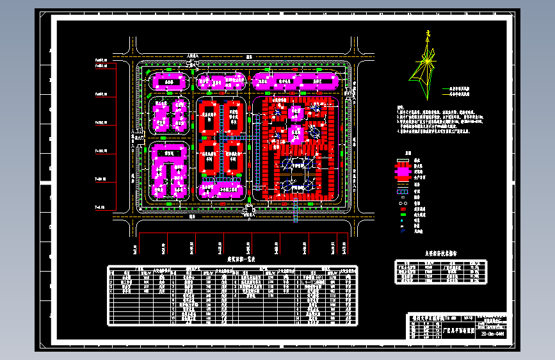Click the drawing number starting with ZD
(492, 334)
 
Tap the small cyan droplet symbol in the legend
(403, 221)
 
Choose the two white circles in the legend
(403, 197)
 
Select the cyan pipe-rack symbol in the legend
(403, 190)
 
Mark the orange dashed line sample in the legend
(403, 183)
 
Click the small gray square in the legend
(403, 215)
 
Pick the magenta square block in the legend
(403, 172)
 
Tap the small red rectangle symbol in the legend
(403, 209)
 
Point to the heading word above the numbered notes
(400, 108)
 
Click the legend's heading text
(407, 154)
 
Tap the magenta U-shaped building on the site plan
(169, 171)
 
